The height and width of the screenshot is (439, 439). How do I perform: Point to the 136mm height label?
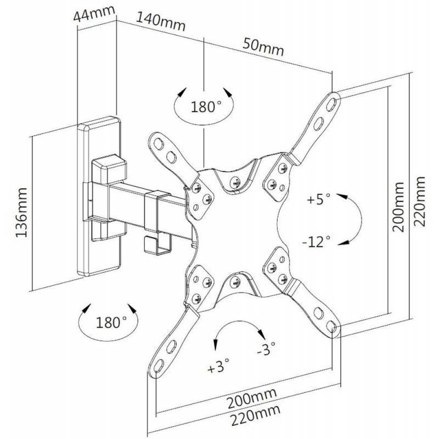coord(22,214)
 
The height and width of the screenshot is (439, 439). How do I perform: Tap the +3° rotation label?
coord(218,367)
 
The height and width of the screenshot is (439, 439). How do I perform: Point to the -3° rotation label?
coord(267,350)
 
